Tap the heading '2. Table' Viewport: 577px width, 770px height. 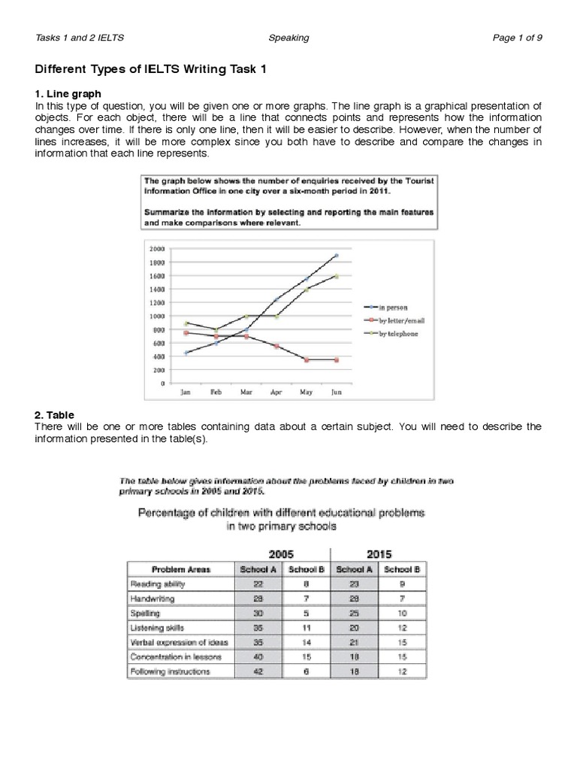coord(55,414)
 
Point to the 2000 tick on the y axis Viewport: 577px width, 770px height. coord(156,249)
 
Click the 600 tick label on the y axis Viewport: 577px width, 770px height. coord(158,343)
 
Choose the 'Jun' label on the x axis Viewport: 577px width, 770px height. coord(336,393)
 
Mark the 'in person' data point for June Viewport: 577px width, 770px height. coord(336,256)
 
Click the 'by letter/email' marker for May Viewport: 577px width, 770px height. coord(307,360)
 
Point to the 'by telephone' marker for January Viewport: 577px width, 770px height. coord(186,323)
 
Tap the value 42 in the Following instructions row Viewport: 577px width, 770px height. coord(257,671)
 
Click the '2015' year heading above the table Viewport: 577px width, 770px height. coord(376,553)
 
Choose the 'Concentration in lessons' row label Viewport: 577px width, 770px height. coord(171,656)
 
